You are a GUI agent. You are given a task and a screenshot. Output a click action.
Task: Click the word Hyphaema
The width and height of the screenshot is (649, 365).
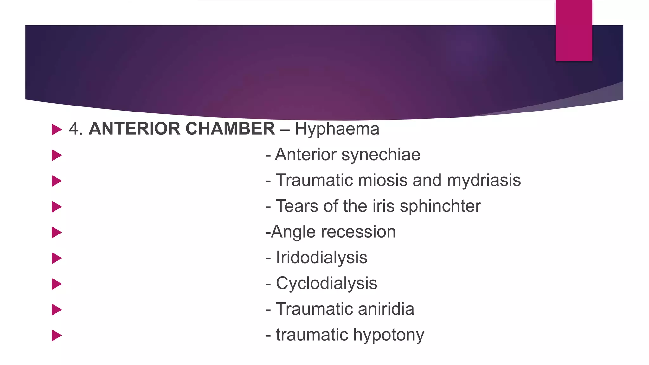337,129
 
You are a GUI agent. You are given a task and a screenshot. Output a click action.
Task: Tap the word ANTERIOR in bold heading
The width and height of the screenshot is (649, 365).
134,129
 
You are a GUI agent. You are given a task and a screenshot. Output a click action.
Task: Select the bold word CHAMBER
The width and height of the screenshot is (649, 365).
230,129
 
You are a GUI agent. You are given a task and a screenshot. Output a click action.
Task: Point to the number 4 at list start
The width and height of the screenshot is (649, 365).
74,129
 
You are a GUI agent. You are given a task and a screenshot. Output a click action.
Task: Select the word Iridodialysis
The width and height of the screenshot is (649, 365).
321,257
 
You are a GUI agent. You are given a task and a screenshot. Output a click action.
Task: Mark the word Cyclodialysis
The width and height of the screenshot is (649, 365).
326,283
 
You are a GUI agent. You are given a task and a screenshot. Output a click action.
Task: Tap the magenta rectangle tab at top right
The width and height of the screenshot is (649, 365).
574,30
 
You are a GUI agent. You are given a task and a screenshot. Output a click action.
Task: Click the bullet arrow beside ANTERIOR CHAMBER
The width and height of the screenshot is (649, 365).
56,129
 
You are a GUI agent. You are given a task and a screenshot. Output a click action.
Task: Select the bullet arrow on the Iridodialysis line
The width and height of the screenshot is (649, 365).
56,258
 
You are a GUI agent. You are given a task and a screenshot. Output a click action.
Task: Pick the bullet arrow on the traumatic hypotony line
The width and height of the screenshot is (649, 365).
56,335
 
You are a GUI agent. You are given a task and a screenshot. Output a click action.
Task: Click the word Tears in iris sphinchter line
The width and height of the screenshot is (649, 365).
297,206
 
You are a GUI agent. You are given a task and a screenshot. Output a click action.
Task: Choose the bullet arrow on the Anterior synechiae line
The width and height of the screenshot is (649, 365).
56,155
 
